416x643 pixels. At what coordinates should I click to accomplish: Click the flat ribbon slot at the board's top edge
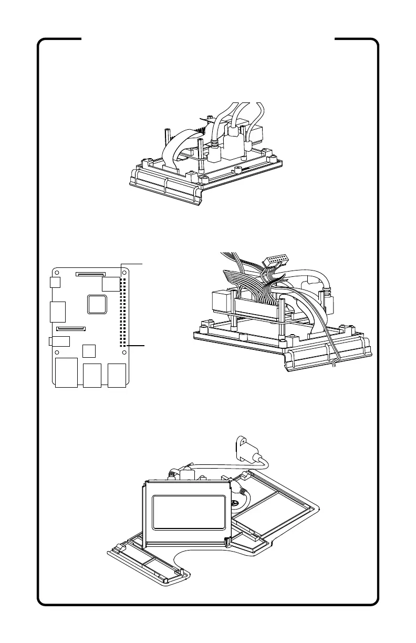point(90,274)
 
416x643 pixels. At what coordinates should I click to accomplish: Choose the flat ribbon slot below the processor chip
point(71,329)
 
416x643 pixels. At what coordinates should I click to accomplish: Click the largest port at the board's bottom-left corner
point(66,373)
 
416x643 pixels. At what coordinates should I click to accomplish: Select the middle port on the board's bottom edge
point(92,376)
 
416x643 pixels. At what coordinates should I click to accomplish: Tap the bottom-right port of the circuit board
point(117,376)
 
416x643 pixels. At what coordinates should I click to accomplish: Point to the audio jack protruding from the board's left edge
point(59,341)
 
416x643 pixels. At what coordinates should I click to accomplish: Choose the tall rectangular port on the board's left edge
point(57,312)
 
